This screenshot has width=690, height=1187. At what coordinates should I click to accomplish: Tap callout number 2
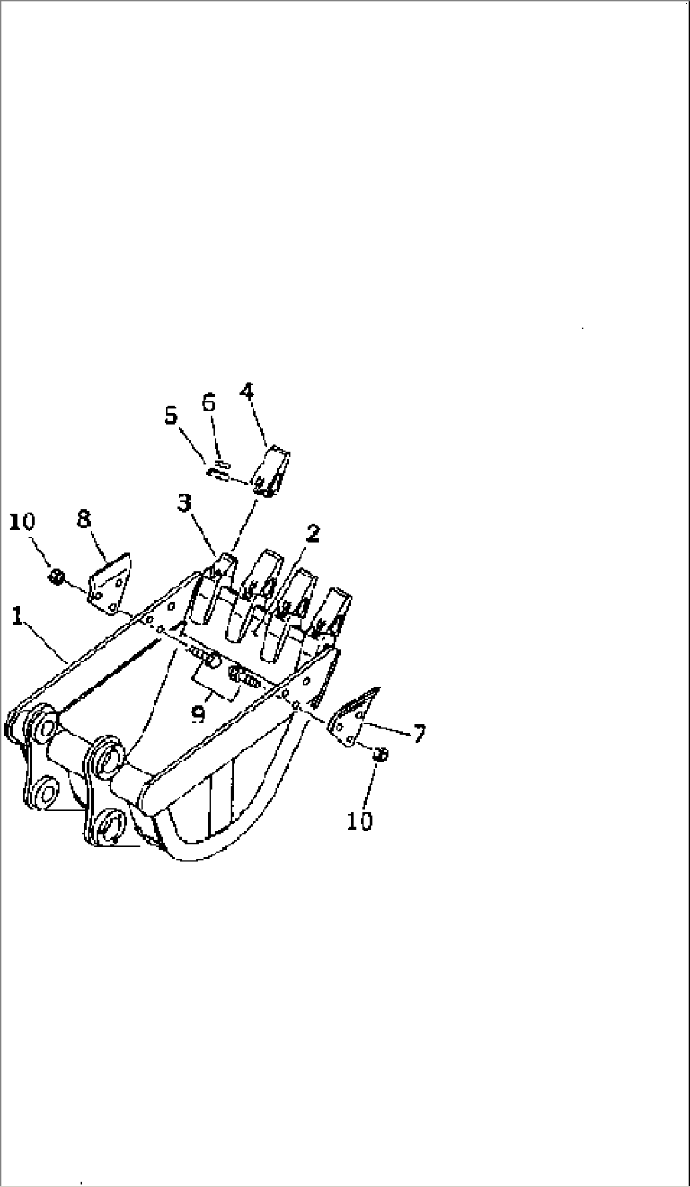[311, 535]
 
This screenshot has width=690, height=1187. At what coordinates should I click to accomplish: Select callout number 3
[185, 505]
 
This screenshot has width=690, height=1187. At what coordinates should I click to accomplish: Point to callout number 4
[248, 392]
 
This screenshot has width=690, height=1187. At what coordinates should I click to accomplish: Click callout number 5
[171, 417]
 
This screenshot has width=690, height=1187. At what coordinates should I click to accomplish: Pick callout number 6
[209, 403]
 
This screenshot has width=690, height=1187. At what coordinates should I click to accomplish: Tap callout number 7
[418, 733]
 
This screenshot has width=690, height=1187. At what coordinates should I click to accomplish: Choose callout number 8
[84, 519]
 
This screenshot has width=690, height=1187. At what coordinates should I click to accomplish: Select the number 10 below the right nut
[360, 821]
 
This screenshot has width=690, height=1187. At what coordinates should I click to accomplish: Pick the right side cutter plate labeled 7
[353, 718]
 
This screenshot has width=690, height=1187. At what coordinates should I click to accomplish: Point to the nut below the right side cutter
[380, 754]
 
